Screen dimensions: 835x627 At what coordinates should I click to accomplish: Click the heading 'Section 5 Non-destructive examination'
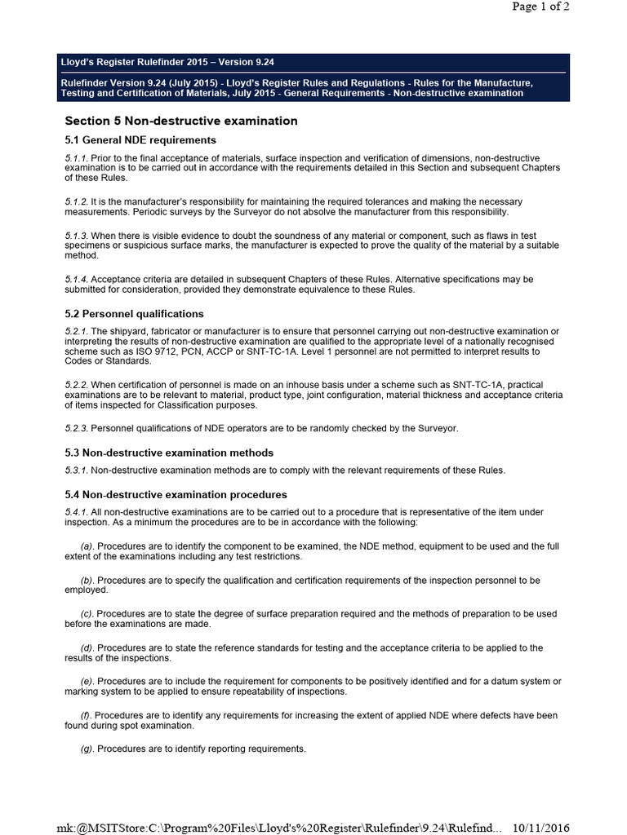(181, 121)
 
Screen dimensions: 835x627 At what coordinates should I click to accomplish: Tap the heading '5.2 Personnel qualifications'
(135, 314)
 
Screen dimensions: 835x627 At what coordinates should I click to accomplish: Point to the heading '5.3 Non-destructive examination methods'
(169, 453)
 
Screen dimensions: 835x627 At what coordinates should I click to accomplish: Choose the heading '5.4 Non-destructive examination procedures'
(176, 494)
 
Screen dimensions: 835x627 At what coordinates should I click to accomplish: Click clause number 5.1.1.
(75, 157)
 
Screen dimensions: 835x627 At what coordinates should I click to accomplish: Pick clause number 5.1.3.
(75, 236)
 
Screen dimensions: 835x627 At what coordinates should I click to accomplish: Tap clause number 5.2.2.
(75, 384)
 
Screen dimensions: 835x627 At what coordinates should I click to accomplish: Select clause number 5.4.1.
(75, 511)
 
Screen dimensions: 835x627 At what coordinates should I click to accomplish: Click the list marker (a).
(87, 546)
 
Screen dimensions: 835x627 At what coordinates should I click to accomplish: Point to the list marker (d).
(87, 647)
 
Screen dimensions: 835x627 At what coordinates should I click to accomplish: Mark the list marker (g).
(87, 749)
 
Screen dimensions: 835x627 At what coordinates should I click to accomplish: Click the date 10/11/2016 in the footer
(540, 827)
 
